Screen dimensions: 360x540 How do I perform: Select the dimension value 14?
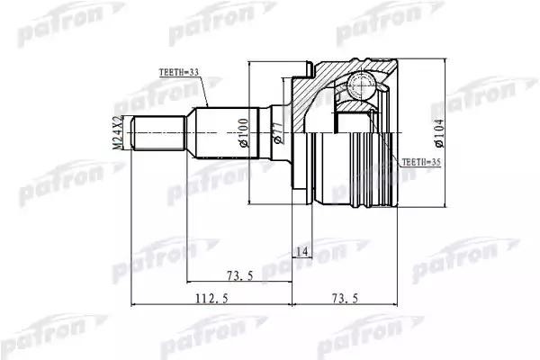[x=301, y=253]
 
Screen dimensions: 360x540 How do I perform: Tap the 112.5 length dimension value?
[x=209, y=301]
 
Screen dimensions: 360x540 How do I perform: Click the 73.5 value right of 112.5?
[x=346, y=301]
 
